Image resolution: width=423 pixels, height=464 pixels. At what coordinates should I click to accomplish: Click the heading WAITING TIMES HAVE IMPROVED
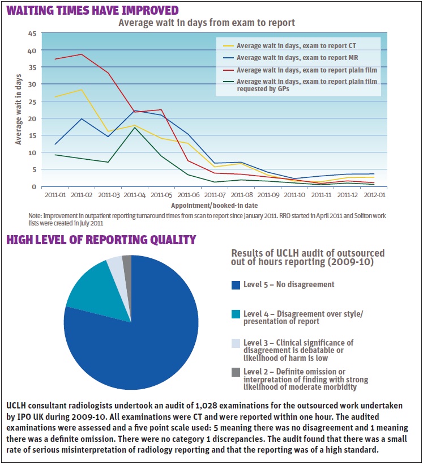pyautogui.click(x=92, y=10)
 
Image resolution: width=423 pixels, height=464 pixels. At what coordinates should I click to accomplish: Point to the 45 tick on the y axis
pyautogui.click(x=32, y=33)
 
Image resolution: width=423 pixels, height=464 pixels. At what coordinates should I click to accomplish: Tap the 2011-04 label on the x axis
pyautogui.click(x=134, y=194)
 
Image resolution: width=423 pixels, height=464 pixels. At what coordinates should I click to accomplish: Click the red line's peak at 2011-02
pyautogui.click(x=82, y=54)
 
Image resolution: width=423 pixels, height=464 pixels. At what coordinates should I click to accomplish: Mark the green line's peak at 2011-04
pyautogui.click(x=134, y=127)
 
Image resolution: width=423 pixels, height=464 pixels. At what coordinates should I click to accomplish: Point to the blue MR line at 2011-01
pyautogui.click(x=55, y=144)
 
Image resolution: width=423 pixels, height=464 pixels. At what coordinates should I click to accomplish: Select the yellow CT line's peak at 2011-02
pyautogui.click(x=82, y=90)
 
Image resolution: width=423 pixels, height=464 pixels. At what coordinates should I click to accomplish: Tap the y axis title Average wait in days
pyautogui.click(x=18, y=111)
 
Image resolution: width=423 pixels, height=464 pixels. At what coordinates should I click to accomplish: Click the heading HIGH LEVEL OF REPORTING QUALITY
pyautogui.click(x=101, y=240)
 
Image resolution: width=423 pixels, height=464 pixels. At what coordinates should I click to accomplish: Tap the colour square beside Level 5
pyautogui.click(x=236, y=285)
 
